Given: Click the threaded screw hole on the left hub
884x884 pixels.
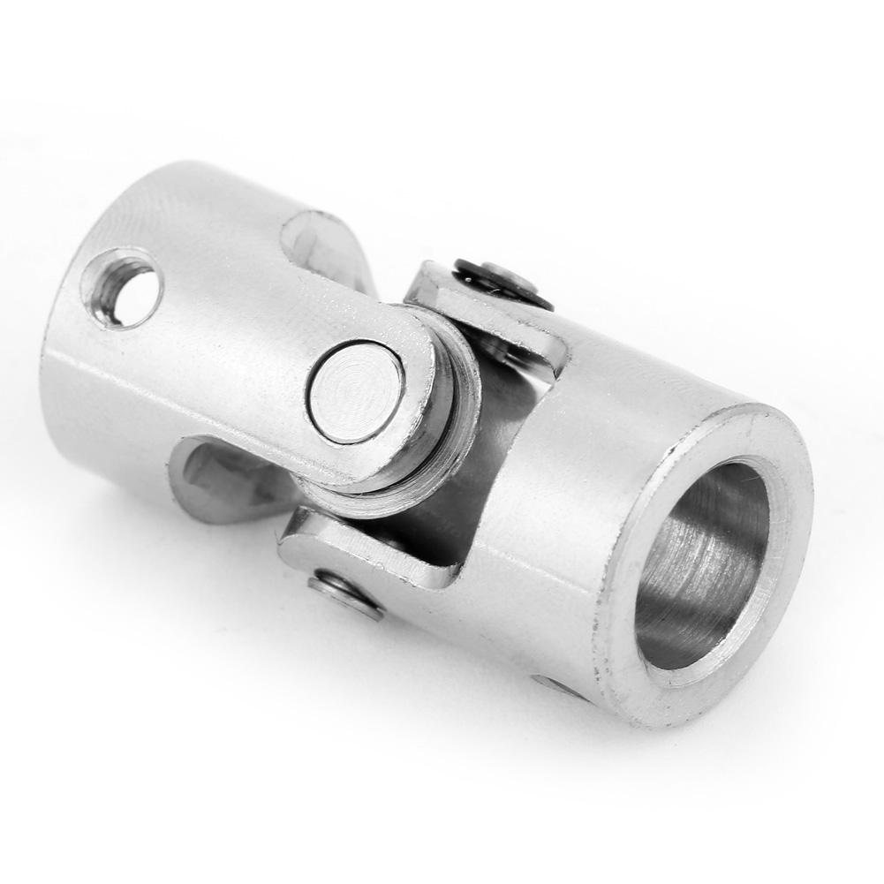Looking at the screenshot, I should click(123, 288).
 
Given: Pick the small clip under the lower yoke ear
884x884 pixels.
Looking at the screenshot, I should click(345, 594).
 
